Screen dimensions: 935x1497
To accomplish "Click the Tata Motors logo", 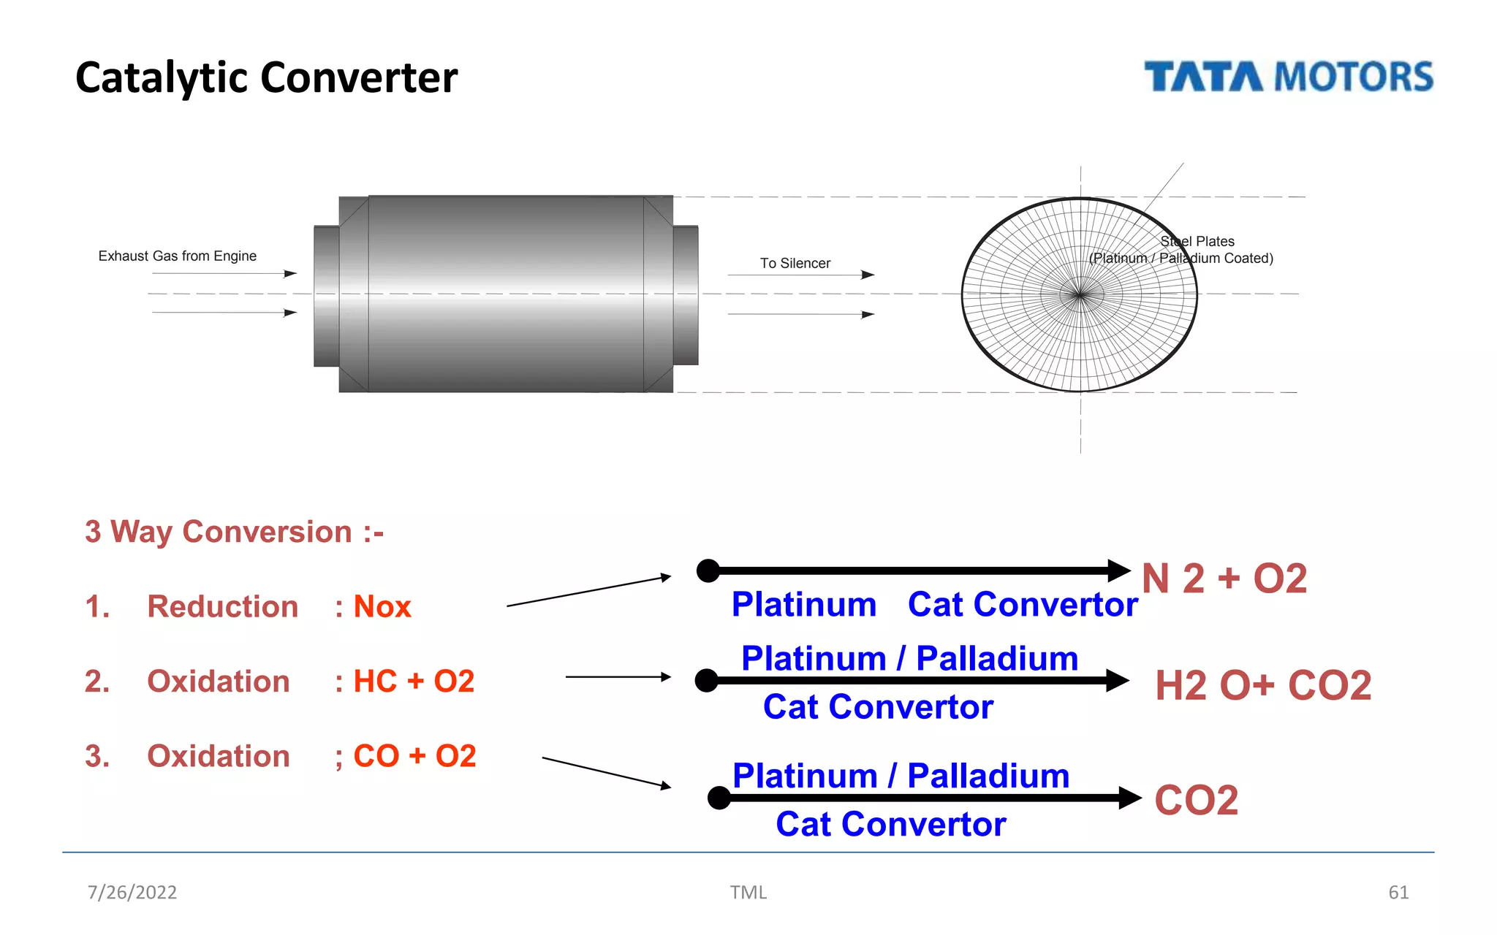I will click(1288, 77).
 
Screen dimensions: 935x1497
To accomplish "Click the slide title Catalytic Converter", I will click(266, 77).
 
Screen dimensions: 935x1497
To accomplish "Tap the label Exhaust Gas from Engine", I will click(177, 256).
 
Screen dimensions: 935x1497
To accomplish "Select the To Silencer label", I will click(795, 263).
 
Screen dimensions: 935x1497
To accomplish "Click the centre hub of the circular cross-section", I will click(1080, 294).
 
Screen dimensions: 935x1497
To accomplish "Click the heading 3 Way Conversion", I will click(234, 532).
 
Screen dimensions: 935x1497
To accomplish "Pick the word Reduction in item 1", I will click(222, 607).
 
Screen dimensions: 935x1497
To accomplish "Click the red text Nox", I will click(382, 607).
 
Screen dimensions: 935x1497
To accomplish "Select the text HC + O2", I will click(414, 682).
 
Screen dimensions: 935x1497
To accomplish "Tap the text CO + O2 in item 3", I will click(414, 756).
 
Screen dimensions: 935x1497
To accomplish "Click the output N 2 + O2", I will click(1224, 579).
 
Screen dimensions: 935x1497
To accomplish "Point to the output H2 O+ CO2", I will click(1262, 685).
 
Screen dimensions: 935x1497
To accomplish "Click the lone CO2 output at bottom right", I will click(1196, 800).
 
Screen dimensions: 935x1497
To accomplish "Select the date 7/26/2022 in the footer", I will click(132, 892).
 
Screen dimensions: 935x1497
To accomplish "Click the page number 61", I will click(1398, 892).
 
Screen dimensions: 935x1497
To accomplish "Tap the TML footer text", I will click(748, 892).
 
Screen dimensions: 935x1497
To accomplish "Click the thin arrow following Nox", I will click(588, 591).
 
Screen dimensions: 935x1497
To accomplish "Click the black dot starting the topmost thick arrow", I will click(708, 570).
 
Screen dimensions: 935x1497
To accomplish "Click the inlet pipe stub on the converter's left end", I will click(326, 296).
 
